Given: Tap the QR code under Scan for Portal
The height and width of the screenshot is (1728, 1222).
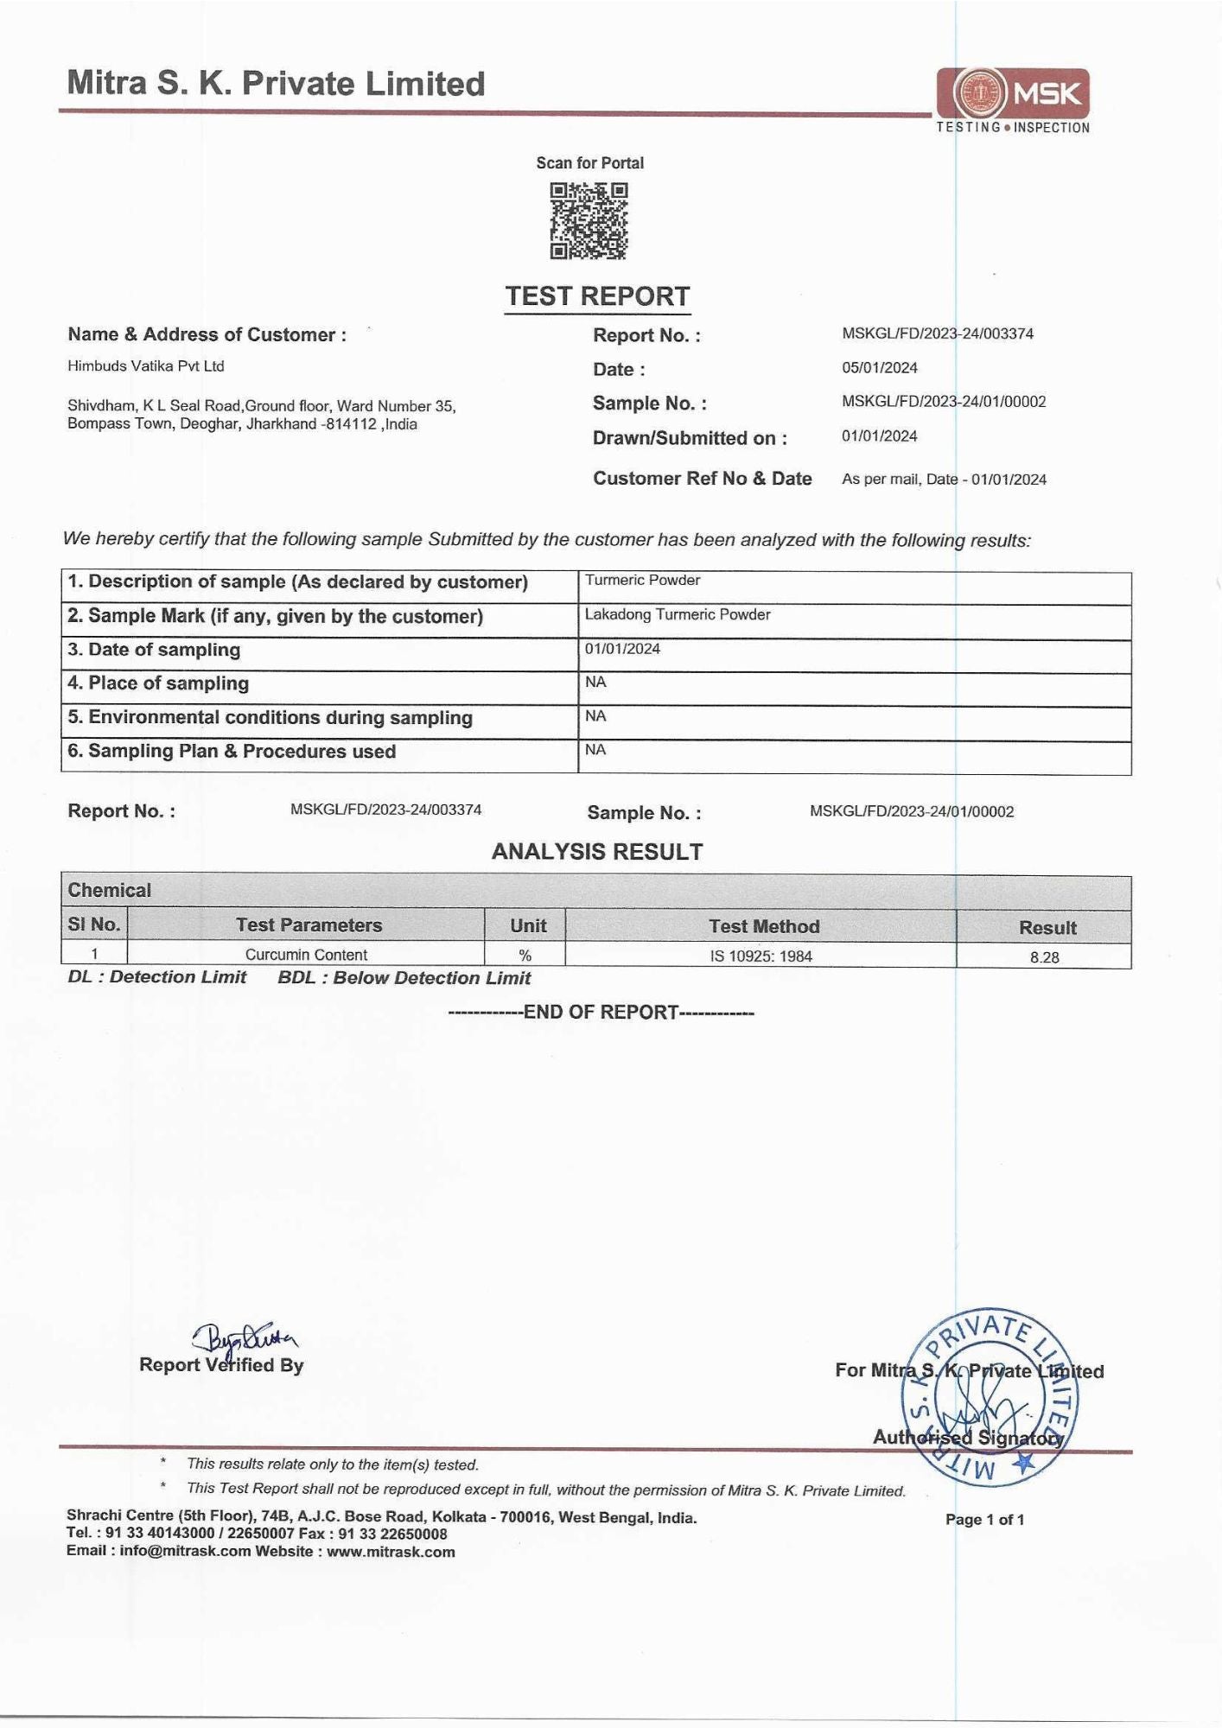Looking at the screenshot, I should [x=589, y=221].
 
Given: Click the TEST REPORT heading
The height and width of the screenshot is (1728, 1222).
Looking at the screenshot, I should [x=597, y=296].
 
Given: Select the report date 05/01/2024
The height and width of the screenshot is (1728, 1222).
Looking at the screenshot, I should [x=879, y=368].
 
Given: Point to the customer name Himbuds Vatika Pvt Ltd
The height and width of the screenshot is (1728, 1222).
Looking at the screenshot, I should [x=146, y=366].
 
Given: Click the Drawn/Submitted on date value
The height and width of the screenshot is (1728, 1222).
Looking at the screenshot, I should [x=879, y=436].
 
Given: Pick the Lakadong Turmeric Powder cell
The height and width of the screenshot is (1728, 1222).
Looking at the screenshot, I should [x=677, y=614].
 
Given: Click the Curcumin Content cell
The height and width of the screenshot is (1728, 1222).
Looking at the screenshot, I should [x=306, y=955].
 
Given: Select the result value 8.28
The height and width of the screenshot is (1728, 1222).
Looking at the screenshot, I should [x=1044, y=957].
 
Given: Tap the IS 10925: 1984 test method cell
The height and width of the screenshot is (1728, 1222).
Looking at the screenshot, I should [x=761, y=956].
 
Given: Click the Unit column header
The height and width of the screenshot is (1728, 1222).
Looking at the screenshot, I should [x=527, y=925].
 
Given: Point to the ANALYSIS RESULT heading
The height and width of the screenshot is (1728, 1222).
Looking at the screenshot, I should [x=597, y=852].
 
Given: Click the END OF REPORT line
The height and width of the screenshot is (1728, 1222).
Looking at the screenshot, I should [x=601, y=1012].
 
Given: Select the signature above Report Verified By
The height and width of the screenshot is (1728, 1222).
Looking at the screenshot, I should [x=245, y=1338].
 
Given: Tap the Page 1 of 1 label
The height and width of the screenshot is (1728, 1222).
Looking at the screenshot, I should [x=984, y=1520].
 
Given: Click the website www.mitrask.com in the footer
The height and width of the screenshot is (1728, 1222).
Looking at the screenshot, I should [x=391, y=1552].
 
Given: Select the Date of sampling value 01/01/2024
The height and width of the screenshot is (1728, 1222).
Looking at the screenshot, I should [x=622, y=649].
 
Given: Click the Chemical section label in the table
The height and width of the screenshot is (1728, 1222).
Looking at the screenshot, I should [x=110, y=890].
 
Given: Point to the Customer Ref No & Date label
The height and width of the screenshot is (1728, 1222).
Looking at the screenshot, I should [x=702, y=479].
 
